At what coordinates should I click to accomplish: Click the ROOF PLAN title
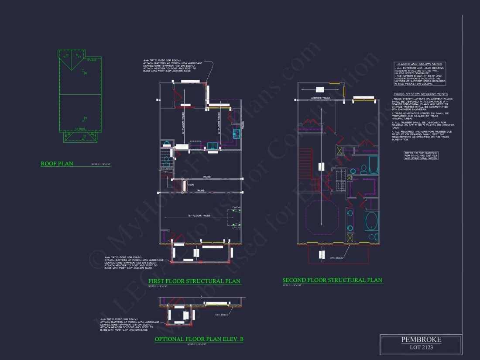pos(57,164)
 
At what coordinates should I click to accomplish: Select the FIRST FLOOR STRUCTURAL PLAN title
pos(194,281)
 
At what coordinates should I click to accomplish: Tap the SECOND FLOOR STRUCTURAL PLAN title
pos(332,280)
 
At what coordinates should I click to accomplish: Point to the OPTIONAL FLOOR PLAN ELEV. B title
pos(199,339)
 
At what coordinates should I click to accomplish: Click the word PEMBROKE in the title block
pos(421,339)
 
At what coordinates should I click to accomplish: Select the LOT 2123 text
pos(421,347)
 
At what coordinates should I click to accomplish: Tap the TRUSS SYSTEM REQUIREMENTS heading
pos(421,94)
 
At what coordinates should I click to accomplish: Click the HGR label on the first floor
pos(190,185)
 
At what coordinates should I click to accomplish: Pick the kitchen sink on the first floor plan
pos(213,145)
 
